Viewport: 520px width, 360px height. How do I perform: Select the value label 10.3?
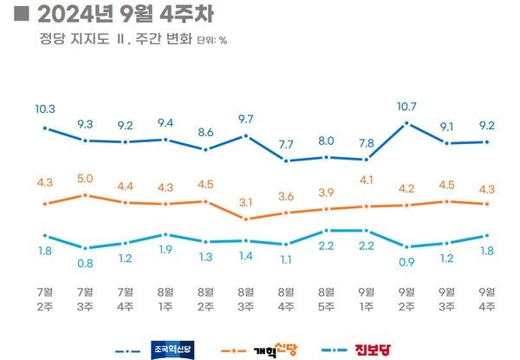coord(45,109)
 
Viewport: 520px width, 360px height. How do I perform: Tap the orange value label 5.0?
coord(85,178)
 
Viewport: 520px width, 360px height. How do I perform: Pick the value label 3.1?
coord(246,201)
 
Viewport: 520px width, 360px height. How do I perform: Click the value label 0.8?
coord(85,263)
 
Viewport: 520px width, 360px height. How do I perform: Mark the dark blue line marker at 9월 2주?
coord(406,124)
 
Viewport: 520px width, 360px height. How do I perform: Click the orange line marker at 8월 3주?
coord(246,219)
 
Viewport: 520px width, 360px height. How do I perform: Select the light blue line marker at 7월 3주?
coord(85,248)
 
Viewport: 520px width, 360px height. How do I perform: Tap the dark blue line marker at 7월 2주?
coord(45,128)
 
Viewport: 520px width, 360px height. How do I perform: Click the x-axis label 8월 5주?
coord(326,298)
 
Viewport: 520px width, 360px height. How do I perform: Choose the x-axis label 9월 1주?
coord(366,298)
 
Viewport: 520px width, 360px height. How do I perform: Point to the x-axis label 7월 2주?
coord(45,298)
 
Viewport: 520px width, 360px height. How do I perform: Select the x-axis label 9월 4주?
coord(487,298)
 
